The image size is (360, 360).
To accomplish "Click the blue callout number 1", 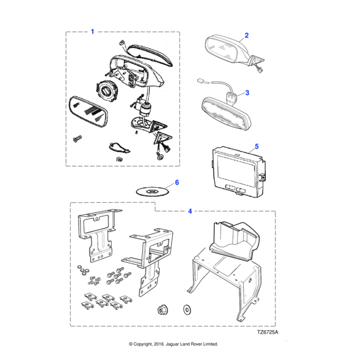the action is click(92, 31).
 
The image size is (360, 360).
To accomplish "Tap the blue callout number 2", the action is click(247, 35).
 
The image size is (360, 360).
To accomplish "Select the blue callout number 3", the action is click(247, 93).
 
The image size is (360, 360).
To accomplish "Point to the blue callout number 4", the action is click(190, 211).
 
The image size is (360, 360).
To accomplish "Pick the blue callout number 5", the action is click(257, 146).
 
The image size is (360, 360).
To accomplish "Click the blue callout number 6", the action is click(177, 182).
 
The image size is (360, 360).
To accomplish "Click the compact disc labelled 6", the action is click(152, 192).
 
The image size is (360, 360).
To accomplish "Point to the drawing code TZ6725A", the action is click(268, 332).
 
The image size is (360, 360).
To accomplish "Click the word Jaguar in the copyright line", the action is click(172, 344).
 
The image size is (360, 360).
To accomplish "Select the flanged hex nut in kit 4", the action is click(163, 310).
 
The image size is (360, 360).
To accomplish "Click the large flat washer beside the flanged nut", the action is click(187, 310).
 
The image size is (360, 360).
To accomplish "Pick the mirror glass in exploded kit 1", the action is click(88, 112).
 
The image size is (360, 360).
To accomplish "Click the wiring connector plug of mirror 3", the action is click(201, 81).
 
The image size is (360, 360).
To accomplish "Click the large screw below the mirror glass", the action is click(77, 139).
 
